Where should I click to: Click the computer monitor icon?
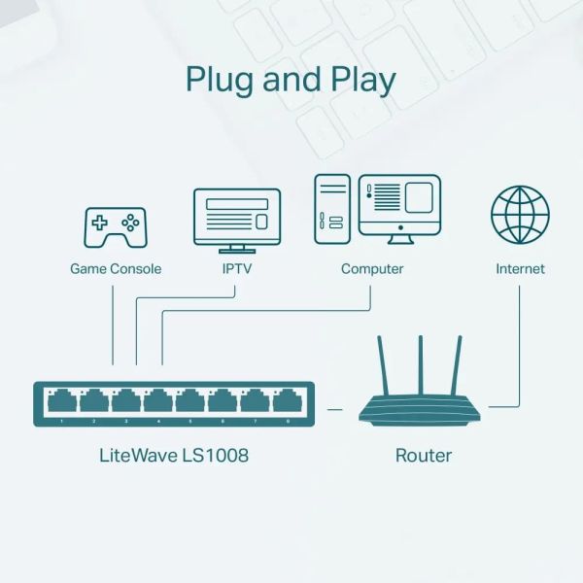pyautogui.click(x=399, y=207)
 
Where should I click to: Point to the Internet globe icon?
pyautogui.click(x=520, y=216)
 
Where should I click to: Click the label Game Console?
pyautogui.click(x=116, y=268)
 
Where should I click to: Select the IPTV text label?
pyautogui.click(x=237, y=268)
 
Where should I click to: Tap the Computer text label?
pyautogui.click(x=372, y=268)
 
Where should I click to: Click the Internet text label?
pyautogui.click(x=520, y=268)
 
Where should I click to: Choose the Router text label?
pyautogui.click(x=423, y=454)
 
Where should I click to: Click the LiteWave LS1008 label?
pyautogui.click(x=174, y=454)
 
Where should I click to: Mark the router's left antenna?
pyautogui.click(x=383, y=368)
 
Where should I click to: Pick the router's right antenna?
pyautogui.click(x=460, y=368)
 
